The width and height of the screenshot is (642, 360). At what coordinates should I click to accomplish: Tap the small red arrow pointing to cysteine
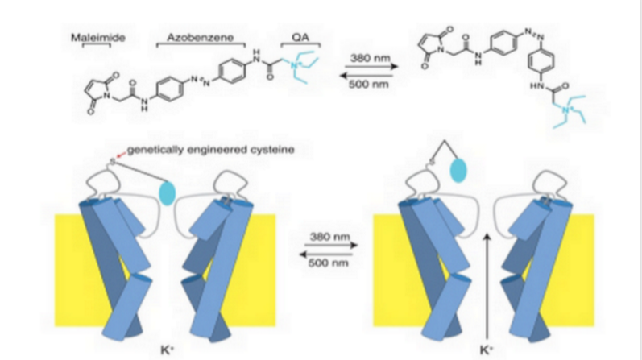pyautogui.click(x=119, y=155)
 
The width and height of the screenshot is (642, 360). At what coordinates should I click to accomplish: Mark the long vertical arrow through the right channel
pyautogui.click(x=486, y=282)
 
